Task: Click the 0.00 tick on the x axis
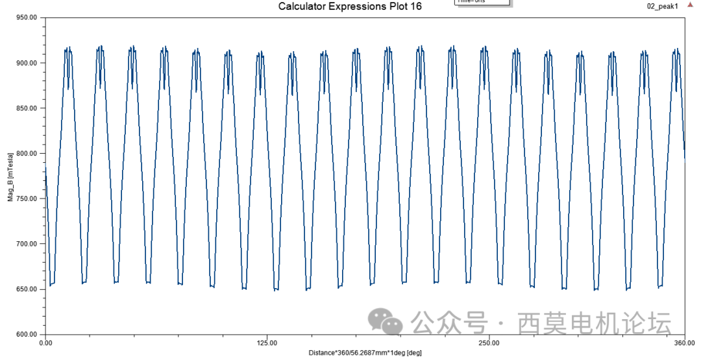[x=45, y=342]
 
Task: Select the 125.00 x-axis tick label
[x=267, y=342]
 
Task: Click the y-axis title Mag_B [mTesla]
[x=10, y=176]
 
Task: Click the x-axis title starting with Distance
[x=365, y=353]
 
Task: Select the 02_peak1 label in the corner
[x=662, y=6]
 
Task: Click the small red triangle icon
[x=690, y=5]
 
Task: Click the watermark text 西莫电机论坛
[x=594, y=322]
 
